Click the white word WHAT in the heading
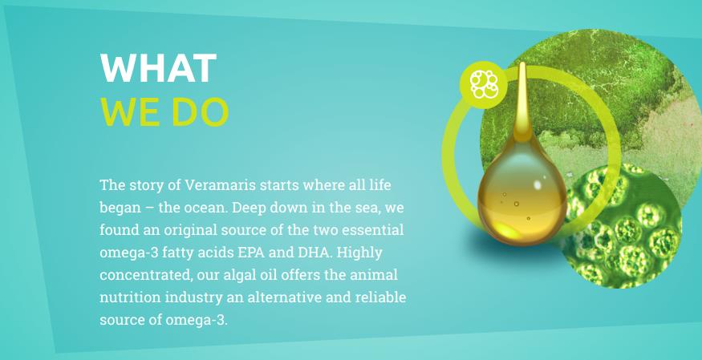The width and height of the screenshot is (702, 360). tap(159, 68)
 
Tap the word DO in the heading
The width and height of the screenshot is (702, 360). tap(200, 111)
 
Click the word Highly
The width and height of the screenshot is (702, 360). tap(359, 253)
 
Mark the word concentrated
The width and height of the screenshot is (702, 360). tap(146, 275)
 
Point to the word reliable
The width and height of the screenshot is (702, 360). tap(380, 297)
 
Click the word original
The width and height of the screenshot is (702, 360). tap(192, 231)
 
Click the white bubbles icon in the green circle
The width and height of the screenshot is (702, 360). tap(484, 84)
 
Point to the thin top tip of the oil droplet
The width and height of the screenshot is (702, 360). tap(522, 63)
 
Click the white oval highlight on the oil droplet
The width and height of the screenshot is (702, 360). tap(538, 184)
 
